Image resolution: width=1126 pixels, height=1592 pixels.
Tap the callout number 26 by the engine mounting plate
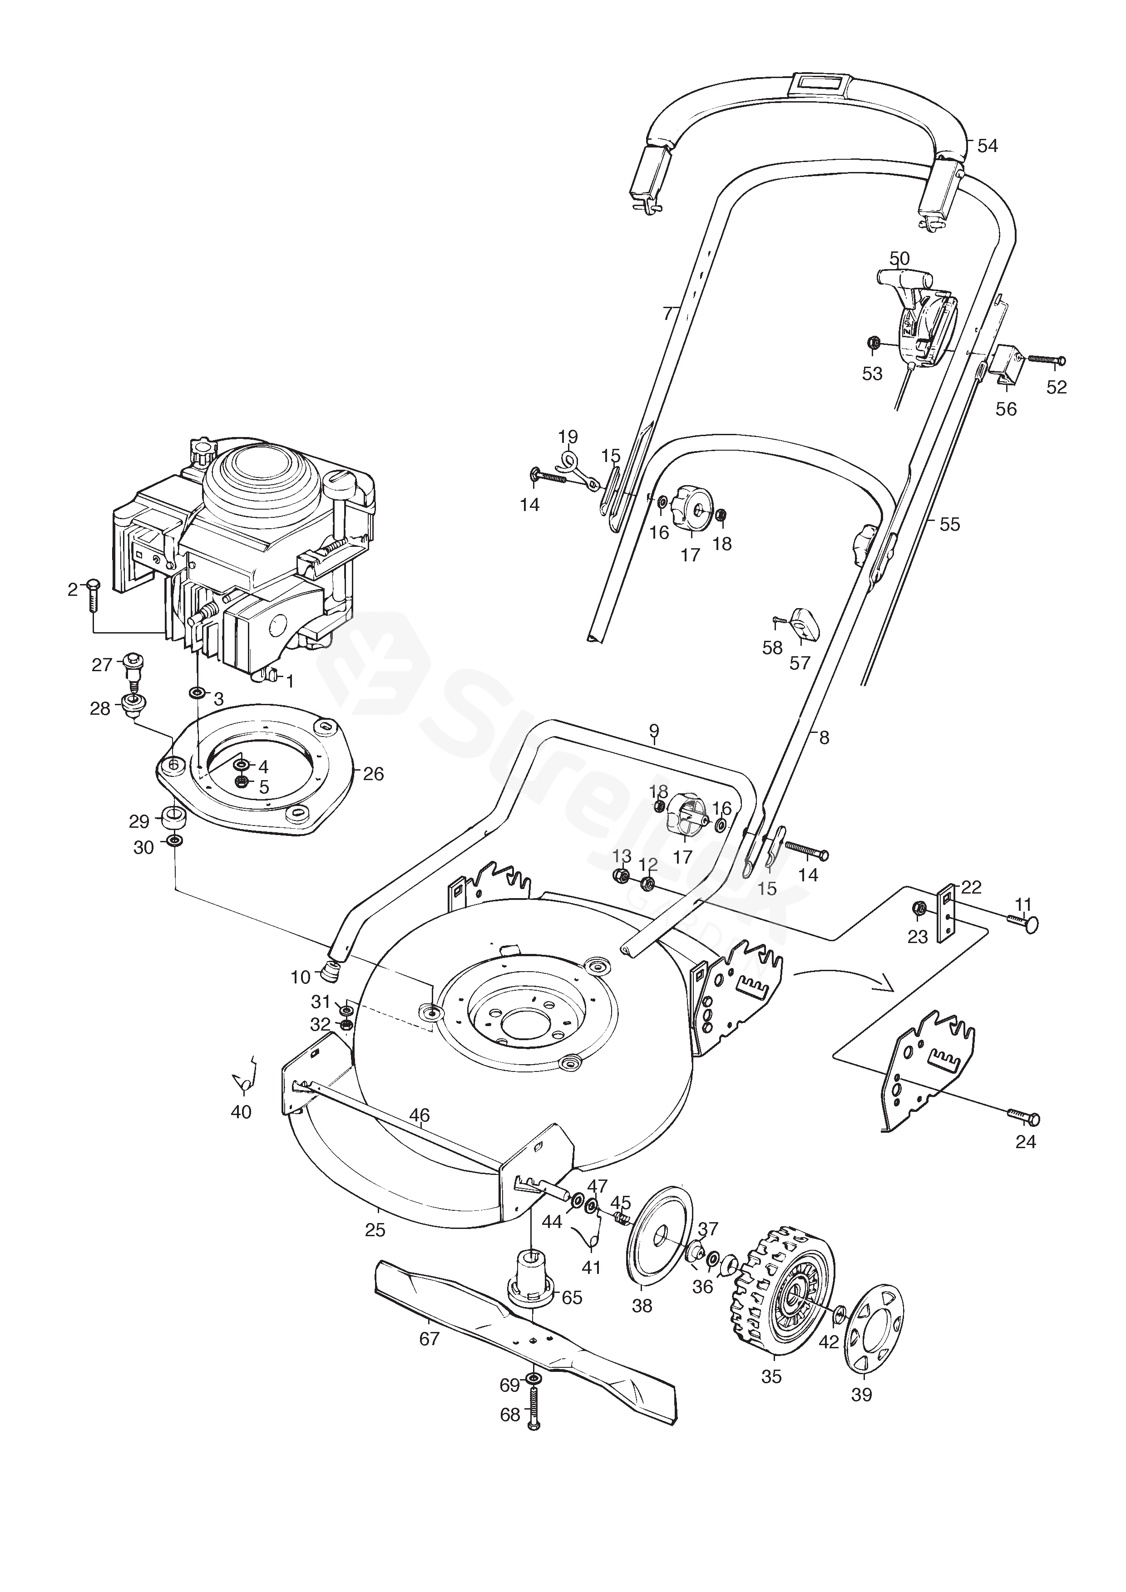(373, 774)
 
